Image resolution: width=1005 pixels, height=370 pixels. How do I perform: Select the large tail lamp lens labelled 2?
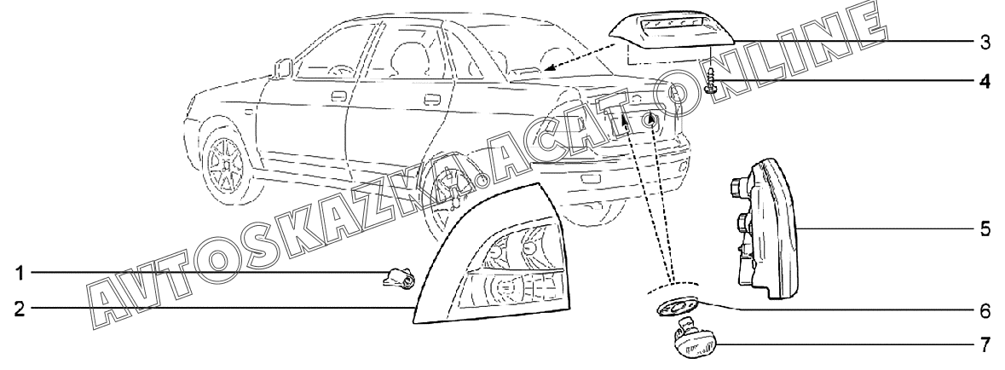[x=494, y=264]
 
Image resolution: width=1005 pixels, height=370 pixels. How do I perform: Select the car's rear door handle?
[x=433, y=104]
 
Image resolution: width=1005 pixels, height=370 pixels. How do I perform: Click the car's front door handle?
[x=338, y=96]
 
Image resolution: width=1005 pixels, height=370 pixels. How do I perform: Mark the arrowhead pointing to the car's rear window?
[x=548, y=68]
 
